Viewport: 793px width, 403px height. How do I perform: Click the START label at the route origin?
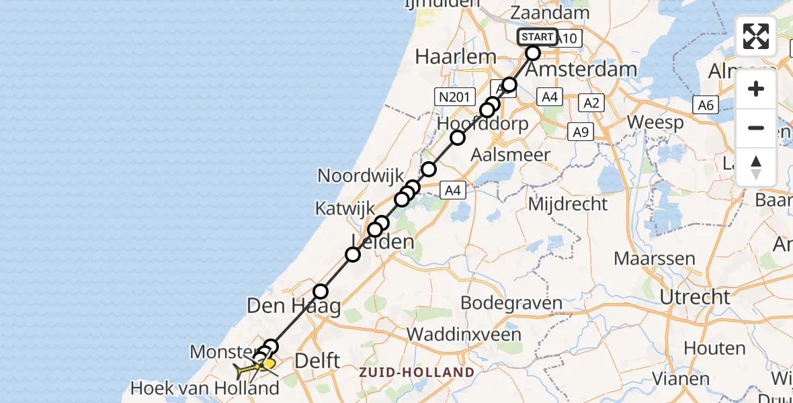538,37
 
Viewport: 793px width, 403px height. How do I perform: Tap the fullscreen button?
756,36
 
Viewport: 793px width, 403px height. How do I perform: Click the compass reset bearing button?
756,167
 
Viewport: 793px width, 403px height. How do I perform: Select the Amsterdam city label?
582,69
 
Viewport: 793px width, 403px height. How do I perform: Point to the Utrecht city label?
695,296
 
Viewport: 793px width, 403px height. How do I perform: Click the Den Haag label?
293,306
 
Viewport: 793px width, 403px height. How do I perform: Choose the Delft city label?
317,360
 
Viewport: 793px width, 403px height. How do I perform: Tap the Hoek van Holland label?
205,388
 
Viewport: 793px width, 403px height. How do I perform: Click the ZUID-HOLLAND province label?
416,372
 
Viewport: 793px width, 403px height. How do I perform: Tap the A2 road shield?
591,103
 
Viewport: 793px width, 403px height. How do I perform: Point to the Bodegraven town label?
511,304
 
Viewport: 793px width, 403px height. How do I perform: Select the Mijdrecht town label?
568,204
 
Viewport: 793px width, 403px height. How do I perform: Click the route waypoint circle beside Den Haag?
321,292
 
